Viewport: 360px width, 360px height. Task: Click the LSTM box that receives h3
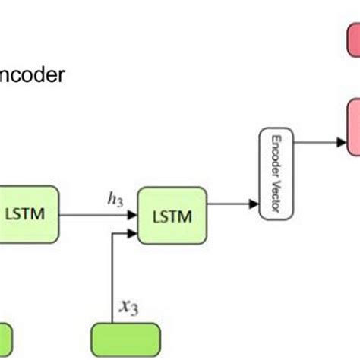coord(172,213)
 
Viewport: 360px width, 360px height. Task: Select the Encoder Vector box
coord(276,175)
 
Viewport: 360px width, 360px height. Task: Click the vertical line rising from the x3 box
coord(112,281)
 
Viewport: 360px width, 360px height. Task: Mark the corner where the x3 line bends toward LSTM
coord(112,232)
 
